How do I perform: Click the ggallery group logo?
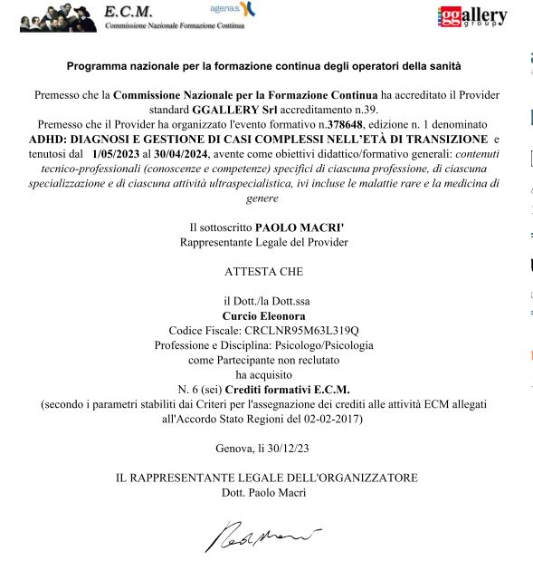(x=472, y=16)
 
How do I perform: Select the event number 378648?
(x=349, y=122)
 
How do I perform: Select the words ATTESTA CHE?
(x=263, y=271)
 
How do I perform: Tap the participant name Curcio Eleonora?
(x=263, y=315)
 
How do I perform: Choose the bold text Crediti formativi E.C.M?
(x=300, y=389)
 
